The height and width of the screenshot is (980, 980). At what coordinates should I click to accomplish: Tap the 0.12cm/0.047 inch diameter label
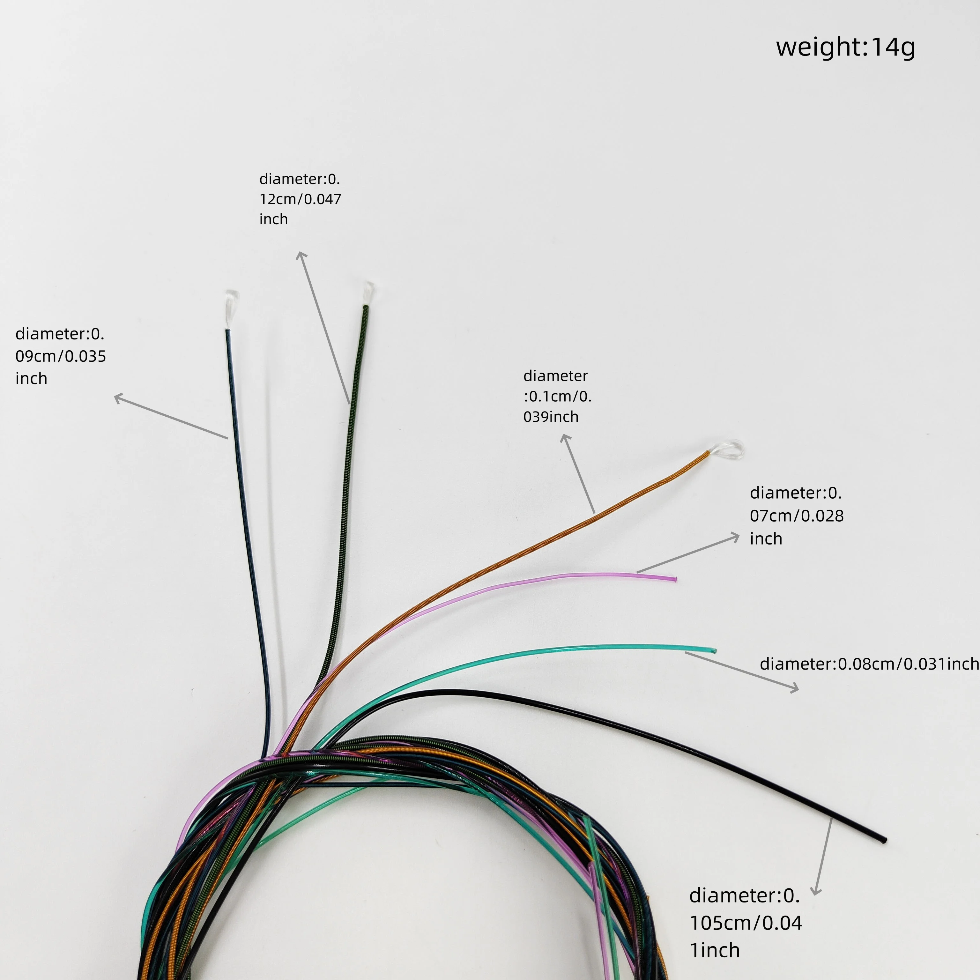[300, 199]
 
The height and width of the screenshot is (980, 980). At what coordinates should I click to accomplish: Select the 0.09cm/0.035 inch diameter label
[60, 356]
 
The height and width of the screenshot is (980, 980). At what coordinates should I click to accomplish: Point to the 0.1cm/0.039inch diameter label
[557, 396]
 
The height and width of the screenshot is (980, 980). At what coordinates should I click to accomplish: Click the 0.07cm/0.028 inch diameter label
[796, 516]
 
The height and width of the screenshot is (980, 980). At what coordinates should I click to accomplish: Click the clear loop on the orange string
[728, 449]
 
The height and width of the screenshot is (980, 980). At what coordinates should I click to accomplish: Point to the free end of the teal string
[714, 650]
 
